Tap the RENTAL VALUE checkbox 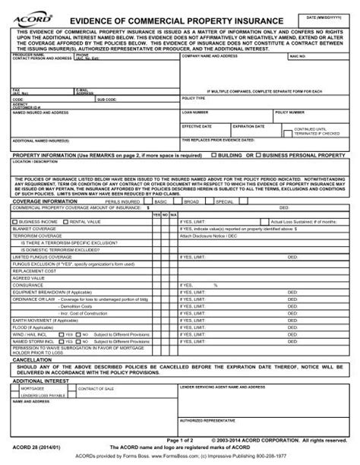point(65,222)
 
